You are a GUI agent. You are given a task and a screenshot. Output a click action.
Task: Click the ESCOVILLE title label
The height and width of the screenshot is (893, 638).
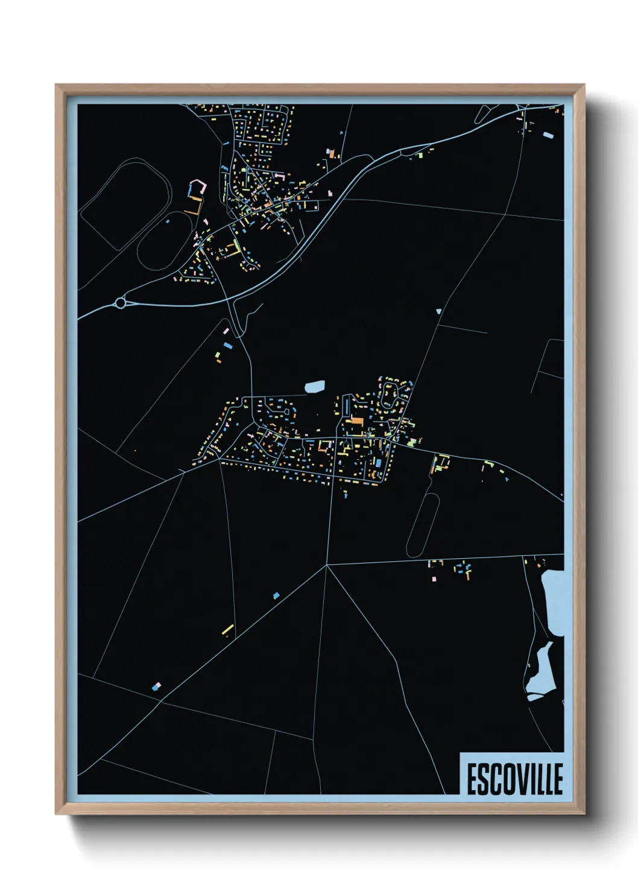(x=514, y=778)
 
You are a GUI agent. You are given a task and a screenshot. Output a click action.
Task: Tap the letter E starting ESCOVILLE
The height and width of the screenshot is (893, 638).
(x=472, y=779)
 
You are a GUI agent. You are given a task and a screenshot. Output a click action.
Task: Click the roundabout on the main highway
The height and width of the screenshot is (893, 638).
(x=121, y=303)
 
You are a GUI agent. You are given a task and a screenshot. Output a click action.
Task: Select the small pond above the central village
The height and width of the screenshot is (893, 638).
(x=315, y=386)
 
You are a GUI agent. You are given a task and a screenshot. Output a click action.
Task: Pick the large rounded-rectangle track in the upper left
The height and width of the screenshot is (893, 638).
(x=125, y=202)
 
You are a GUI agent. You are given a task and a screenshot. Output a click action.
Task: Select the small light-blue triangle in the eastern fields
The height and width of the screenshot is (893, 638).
(x=438, y=312)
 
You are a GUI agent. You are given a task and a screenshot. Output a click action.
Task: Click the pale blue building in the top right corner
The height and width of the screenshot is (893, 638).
(x=548, y=135)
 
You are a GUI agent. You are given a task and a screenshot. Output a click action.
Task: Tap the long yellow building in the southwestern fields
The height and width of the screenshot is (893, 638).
(x=228, y=630)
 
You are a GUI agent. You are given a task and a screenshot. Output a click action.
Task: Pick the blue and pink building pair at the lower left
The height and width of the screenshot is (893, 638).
(x=157, y=686)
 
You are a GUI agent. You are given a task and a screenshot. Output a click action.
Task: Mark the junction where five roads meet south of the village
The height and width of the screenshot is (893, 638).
(x=326, y=565)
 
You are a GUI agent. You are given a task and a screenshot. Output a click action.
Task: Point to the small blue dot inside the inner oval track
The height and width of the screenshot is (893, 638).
(x=168, y=221)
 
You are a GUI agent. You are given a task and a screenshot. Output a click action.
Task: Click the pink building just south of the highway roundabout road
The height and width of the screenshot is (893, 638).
(x=227, y=331)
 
